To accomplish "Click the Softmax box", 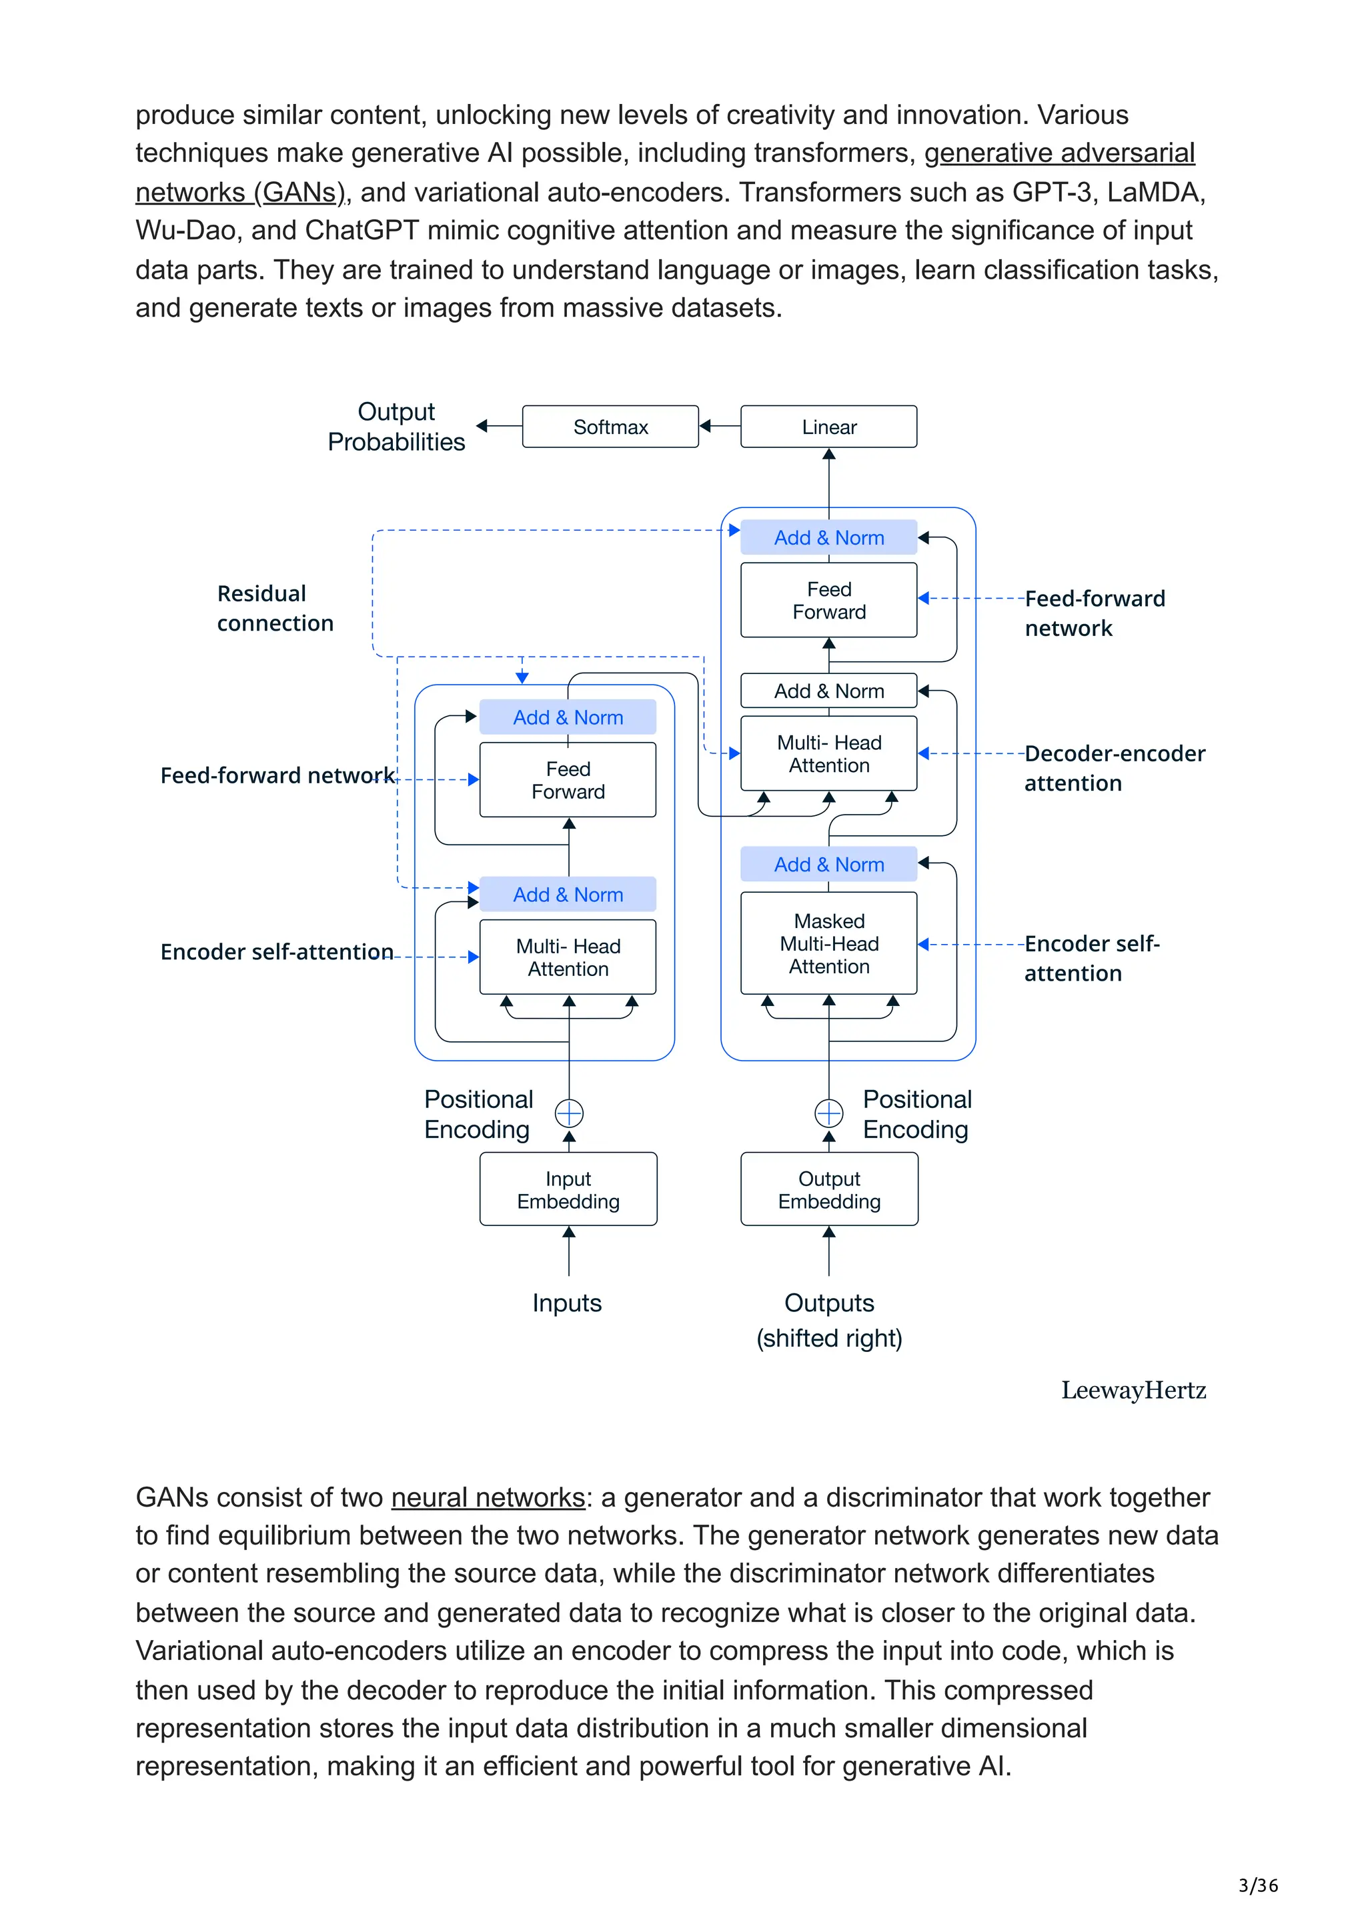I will (x=610, y=427).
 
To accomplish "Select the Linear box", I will (x=828, y=427).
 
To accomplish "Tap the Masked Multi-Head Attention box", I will (x=828, y=943).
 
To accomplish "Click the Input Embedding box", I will (x=568, y=1189).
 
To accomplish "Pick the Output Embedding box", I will (x=829, y=1189).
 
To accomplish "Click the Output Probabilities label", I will (x=396, y=427).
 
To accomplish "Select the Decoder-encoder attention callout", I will (x=1113, y=767).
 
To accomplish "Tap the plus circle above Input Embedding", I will (x=569, y=1113).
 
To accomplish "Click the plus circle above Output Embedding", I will (x=829, y=1113).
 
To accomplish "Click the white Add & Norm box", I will (x=828, y=691).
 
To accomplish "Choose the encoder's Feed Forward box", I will (x=568, y=780).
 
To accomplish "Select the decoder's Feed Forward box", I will (x=828, y=600).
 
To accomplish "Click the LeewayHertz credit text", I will (x=1133, y=1390).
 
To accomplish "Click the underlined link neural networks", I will (x=488, y=1498).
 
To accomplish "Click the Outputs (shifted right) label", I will (x=829, y=1320).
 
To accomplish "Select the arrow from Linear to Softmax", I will (x=720, y=426).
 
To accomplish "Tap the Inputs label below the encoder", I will (x=566, y=1303).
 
